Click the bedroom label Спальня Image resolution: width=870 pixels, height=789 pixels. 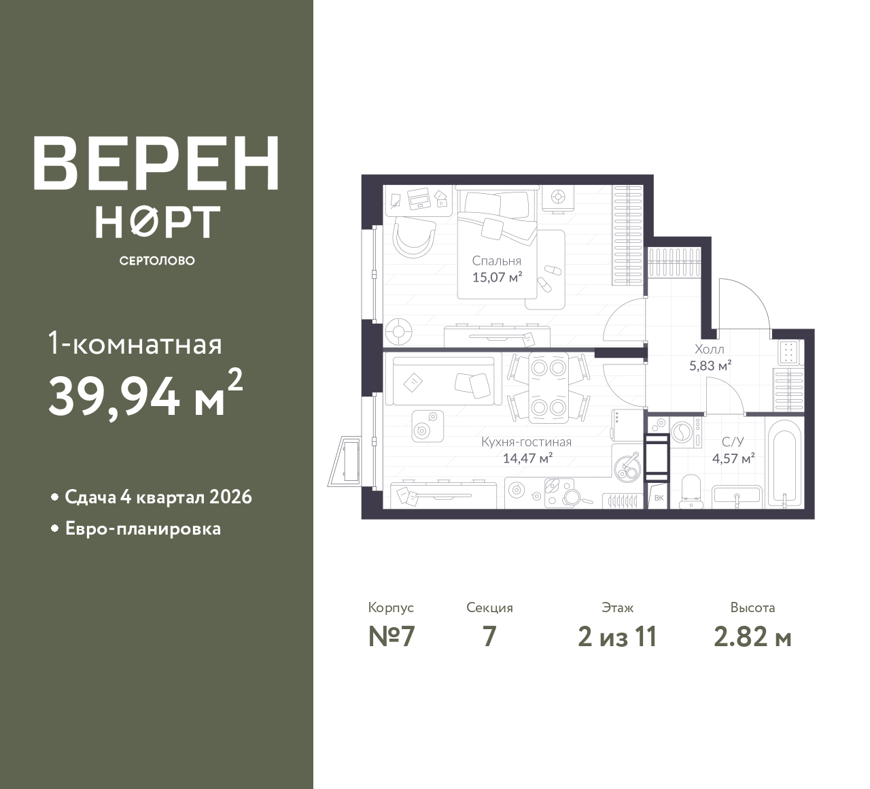click(x=497, y=261)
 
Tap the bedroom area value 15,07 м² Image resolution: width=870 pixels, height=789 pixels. click(x=497, y=277)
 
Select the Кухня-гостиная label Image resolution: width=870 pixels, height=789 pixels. click(x=527, y=442)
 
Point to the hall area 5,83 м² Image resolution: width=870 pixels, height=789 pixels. click(x=710, y=365)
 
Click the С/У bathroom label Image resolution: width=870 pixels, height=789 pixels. click(x=733, y=442)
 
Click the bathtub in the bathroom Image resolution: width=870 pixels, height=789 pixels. click(x=784, y=463)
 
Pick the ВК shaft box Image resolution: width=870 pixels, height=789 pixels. click(x=659, y=498)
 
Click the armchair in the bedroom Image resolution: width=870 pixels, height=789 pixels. click(x=414, y=237)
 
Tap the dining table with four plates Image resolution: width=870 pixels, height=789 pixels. click(x=549, y=387)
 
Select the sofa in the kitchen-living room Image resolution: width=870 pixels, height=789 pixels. click(x=444, y=378)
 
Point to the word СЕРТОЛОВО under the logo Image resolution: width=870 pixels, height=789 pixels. click(x=157, y=261)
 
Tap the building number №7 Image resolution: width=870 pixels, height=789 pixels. click(x=391, y=637)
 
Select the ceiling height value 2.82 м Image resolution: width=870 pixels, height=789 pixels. click(x=752, y=637)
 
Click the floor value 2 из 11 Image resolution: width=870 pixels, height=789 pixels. click(x=617, y=637)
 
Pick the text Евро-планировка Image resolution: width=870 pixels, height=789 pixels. click(x=143, y=529)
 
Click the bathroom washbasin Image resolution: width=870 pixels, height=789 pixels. click(x=737, y=497)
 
